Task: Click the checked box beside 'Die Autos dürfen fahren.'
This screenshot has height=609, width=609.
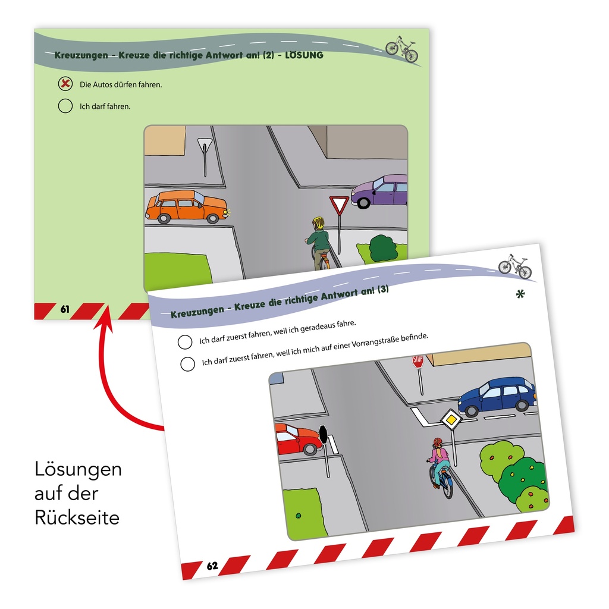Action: click(65, 84)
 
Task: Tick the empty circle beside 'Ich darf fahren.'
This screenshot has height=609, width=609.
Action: click(65, 106)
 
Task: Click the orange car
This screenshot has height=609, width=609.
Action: click(186, 206)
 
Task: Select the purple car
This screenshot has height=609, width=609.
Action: click(381, 190)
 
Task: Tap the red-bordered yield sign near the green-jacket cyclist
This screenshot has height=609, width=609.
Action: click(339, 205)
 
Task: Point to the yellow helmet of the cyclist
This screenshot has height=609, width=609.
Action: click(319, 222)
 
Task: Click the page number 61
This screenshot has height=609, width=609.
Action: click(65, 309)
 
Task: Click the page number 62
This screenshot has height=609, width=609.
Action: click(212, 566)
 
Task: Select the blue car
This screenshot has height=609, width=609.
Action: click(498, 395)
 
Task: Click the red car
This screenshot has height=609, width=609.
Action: click(296, 438)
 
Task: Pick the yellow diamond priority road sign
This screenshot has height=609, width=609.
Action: click(453, 420)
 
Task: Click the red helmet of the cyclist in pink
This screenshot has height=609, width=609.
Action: click(438, 442)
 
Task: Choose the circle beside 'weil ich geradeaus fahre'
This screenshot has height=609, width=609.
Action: click(185, 342)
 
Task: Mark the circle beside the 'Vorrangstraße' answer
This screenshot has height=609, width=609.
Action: click(187, 364)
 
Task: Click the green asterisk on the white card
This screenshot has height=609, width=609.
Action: click(521, 294)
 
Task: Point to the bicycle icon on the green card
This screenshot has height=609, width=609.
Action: click(401, 48)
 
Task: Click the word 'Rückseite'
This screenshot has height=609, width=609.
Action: click(77, 517)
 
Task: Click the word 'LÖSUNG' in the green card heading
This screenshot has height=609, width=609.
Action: click(304, 55)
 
